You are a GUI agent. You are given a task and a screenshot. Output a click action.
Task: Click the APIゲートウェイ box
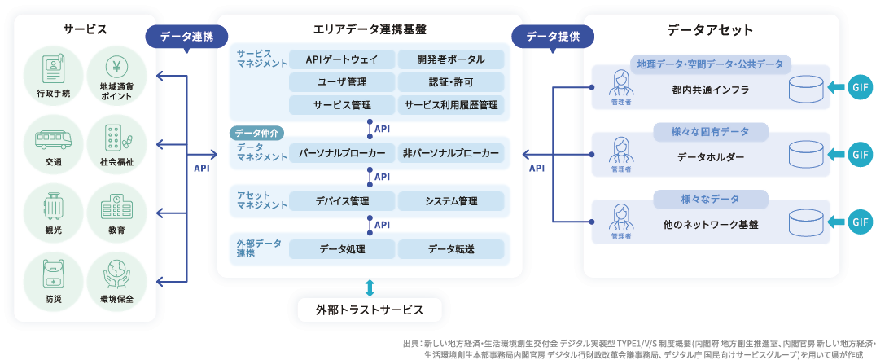(x=342, y=59)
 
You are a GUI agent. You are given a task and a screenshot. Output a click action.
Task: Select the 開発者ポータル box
(x=450, y=59)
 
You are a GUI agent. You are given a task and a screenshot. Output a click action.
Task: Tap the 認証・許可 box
(x=450, y=82)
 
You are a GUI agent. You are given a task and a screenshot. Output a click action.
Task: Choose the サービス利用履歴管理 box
(x=450, y=105)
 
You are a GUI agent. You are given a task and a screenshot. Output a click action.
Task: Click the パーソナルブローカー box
(x=342, y=153)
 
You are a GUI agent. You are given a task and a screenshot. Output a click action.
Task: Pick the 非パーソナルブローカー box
(x=450, y=153)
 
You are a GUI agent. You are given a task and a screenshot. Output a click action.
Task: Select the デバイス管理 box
(x=342, y=201)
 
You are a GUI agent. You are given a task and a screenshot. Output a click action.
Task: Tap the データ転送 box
(x=450, y=249)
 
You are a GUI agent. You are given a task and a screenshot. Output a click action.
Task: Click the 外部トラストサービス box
(x=370, y=310)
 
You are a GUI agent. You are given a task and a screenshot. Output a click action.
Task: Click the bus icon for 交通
(x=54, y=138)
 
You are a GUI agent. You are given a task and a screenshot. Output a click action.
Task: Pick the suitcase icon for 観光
(x=54, y=206)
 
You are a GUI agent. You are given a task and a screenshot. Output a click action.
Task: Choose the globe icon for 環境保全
(x=116, y=274)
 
